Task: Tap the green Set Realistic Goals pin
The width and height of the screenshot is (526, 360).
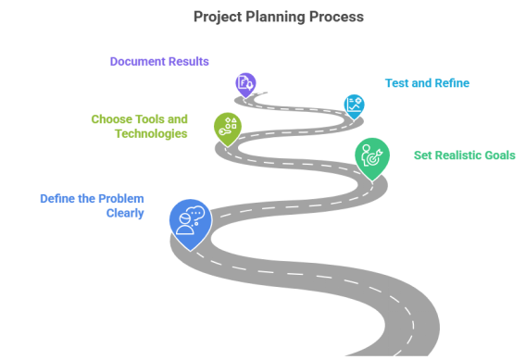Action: pyautogui.click(x=371, y=157)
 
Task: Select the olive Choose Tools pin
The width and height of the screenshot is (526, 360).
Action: pyautogui.click(x=227, y=128)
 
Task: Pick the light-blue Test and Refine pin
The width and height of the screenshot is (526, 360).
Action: pyautogui.click(x=353, y=104)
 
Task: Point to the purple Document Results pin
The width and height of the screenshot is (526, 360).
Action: pyautogui.click(x=244, y=84)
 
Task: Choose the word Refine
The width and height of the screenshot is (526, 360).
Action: pyautogui.click(x=451, y=82)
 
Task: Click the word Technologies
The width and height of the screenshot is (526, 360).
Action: pyautogui.click(x=152, y=133)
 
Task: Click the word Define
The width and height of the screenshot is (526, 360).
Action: pyautogui.click(x=57, y=198)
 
